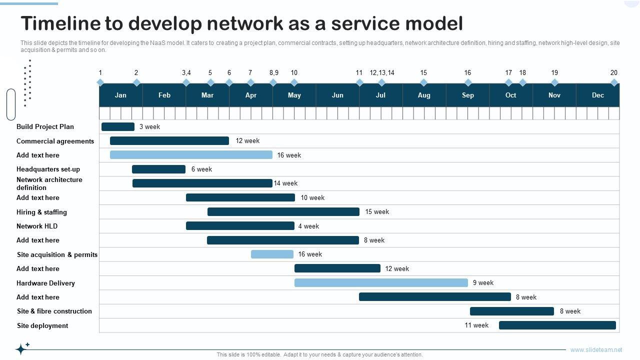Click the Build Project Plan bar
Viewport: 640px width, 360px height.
click(x=118, y=127)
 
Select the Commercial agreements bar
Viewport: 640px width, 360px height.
click(x=169, y=141)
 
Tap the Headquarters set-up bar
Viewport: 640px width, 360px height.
click(x=158, y=169)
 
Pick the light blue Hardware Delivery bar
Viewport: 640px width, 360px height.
click(x=381, y=283)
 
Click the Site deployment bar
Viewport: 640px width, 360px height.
click(x=557, y=325)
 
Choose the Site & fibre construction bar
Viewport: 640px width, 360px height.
click(x=512, y=311)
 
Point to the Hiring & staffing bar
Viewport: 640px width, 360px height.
click(x=283, y=212)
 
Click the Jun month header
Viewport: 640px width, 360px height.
click(x=337, y=95)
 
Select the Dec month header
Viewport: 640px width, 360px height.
click(x=598, y=95)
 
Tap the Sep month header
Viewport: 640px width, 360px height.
click(x=468, y=95)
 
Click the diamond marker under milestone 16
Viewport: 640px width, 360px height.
click(x=468, y=82)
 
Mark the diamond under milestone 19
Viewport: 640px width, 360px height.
click(x=554, y=82)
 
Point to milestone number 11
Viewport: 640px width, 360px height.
click(x=359, y=73)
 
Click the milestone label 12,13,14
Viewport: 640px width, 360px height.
click(x=382, y=73)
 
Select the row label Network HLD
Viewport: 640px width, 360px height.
click(x=37, y=226)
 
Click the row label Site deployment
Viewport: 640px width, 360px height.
click(x=42, y=326)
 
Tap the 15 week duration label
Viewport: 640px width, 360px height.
click(x=377, y=212)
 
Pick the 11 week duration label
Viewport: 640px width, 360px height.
click(x=476, y=325)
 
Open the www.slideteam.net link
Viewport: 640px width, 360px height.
click(x=596, y=350)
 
